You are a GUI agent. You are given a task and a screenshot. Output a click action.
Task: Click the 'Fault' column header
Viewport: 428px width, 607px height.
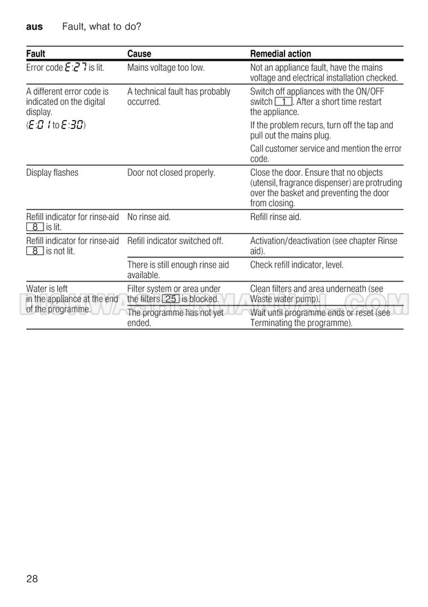(x=36, y=54)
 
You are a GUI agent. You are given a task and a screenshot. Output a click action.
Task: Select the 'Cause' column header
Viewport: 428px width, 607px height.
(x=139, y=54)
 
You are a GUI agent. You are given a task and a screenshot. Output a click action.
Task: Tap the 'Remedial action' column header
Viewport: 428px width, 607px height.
(x=280, y=54)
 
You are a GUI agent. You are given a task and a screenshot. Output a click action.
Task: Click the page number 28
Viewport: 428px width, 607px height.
(x=32, y=578)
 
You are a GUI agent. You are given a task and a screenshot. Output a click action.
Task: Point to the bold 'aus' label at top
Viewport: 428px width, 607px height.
(x=34, y=27)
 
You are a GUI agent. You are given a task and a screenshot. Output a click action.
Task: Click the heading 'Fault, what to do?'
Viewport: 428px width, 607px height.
(x=101, y=27)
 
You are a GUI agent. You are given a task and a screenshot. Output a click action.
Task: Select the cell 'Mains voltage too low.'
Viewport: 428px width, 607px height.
(x=166, y=68)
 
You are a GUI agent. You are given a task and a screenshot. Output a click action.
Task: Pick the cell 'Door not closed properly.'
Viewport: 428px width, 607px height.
(x=171, y=172)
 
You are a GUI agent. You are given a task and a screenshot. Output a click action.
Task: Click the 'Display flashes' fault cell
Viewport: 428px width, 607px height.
(x=52, y=172)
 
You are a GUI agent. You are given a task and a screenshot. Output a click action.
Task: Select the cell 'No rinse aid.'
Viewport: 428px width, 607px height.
(x=148, y=217)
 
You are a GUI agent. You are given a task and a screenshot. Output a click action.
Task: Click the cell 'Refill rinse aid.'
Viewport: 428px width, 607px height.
(x=275, y=217)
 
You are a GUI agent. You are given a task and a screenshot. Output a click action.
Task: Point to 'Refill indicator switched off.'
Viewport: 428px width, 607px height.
(x=175, y=241)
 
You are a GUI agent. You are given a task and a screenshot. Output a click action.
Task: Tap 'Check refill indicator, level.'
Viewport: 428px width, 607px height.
(x=296, y=265)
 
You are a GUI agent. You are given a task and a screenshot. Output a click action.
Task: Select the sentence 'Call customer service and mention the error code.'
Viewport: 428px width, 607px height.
(x=325, y=153)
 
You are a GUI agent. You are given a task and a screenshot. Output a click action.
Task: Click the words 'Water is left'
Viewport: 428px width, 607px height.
(x=47, y=289)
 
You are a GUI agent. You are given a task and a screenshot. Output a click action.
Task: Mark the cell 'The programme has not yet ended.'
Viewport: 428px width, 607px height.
(x=175, y=317)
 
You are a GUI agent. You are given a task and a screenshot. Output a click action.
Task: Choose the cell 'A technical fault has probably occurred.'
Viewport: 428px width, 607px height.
(x=179, y=97)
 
